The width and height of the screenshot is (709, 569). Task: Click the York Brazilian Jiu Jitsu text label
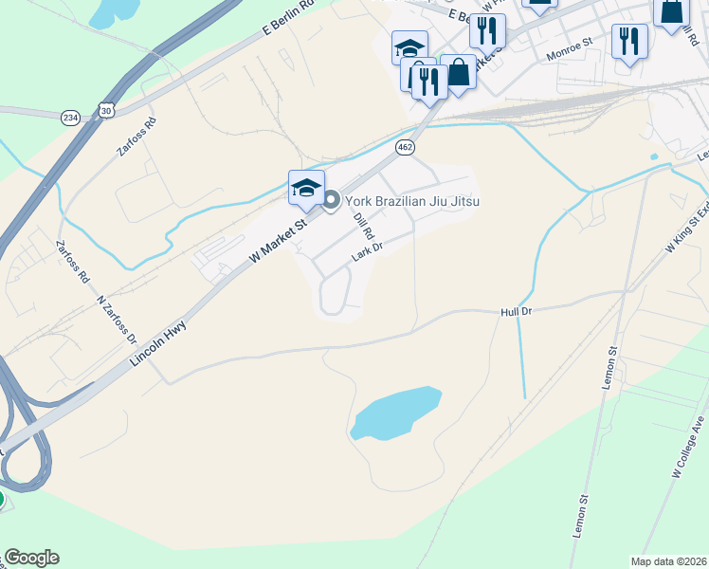pos(411,200)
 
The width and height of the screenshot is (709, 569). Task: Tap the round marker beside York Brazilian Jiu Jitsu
pos(331,200)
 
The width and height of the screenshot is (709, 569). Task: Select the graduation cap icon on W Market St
pos(306,188)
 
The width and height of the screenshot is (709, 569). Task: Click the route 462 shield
pos(406,147)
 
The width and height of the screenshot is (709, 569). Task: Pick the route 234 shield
pos(71,117)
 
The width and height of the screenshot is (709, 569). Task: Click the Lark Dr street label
pos(367,252)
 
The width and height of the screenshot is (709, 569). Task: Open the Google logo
pos(31,558)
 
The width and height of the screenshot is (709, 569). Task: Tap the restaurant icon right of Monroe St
pos(629,41)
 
